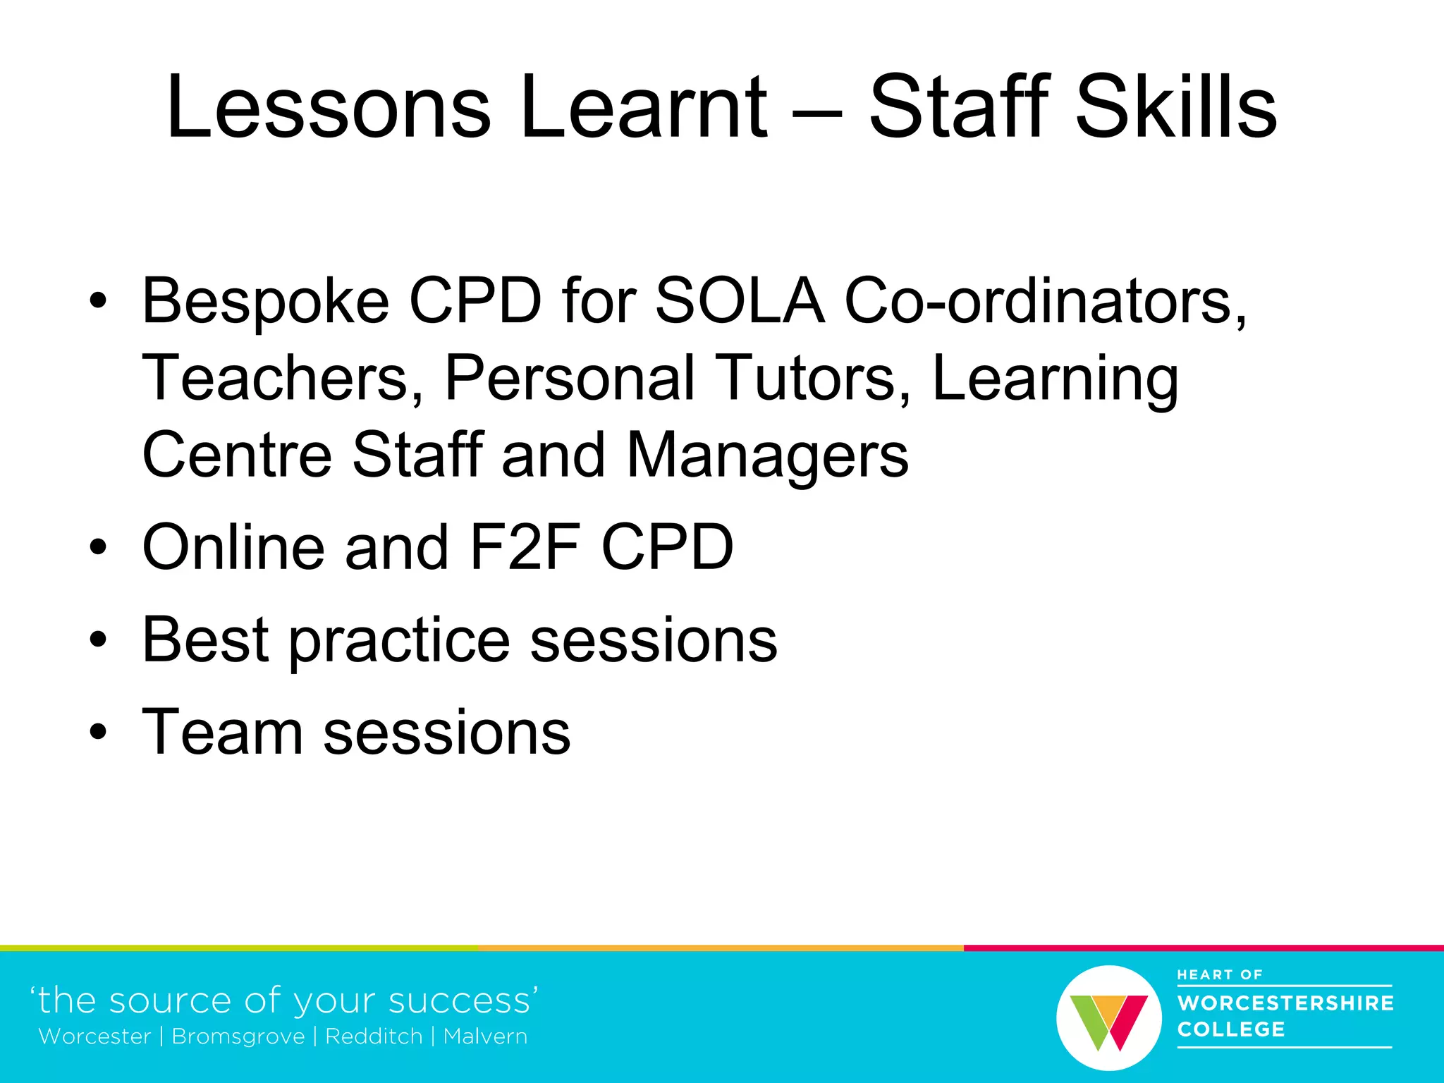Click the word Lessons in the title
pyautogui.click(x=329, y=107)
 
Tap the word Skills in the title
pyautogui.click(x=1177, y=107)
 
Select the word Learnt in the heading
pyautogui.click(x=643, y=107)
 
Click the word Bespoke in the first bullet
pyautogui.click(x=266, y=302)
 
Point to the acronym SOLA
pyautogui.click(x=740, y=302)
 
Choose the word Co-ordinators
pyautogui.click(x=1046, y=302)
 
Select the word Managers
pyautogui.click(x=767, y=456)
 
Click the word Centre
pyautogui.click(x=237, y=456)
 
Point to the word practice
pyautogui.click(x=400, y=640)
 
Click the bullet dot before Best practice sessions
pyautogui.click(x=99, y=640)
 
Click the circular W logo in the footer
pyautogui.click(x=1108, y=1017)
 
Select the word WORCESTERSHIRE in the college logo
pyautogui.click(x=1285, y=1003)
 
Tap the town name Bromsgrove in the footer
pyautogui.click(x=238, y=1036)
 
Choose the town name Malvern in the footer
pyautogui.click(x=485, y=1036)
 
